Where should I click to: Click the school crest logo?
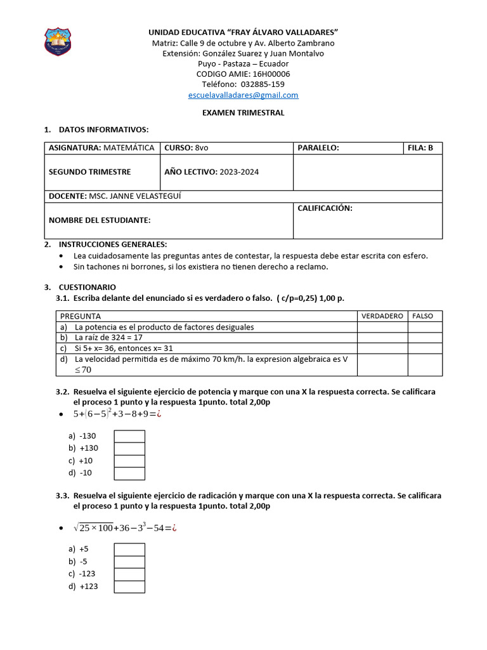coord(57,41)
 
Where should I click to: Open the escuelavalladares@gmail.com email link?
coord(243,95)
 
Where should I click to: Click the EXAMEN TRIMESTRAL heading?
coord(243,112)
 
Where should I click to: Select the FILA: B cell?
coord(423,148)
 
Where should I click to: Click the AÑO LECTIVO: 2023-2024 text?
coord(212,172)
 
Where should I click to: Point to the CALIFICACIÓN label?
coord(325,208)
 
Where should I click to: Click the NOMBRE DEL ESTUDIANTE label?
coord(100,220)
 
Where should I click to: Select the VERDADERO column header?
coord(382,316)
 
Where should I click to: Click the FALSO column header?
coord(422,316)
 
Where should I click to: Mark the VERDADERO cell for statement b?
coord(382,338)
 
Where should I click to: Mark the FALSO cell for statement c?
coord(424,348)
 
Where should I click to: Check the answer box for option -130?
coord(129,436)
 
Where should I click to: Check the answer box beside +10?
coord(129,461)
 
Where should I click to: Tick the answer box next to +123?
coord(129,587)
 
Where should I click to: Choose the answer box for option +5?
coord(129,549)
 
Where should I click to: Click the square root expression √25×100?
coord(94,527)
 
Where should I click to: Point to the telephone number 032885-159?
coord(243,84)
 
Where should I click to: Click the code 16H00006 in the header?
coord(266,74)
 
